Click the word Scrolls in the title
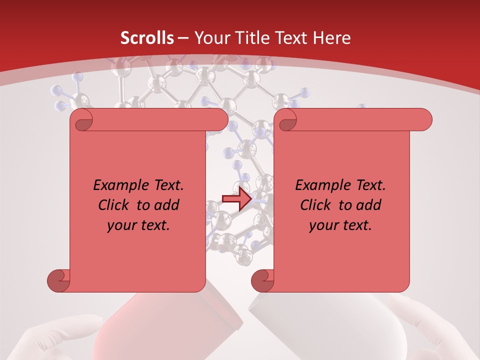147,38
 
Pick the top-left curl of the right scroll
287,120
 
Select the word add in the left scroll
167,205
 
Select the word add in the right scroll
369,205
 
